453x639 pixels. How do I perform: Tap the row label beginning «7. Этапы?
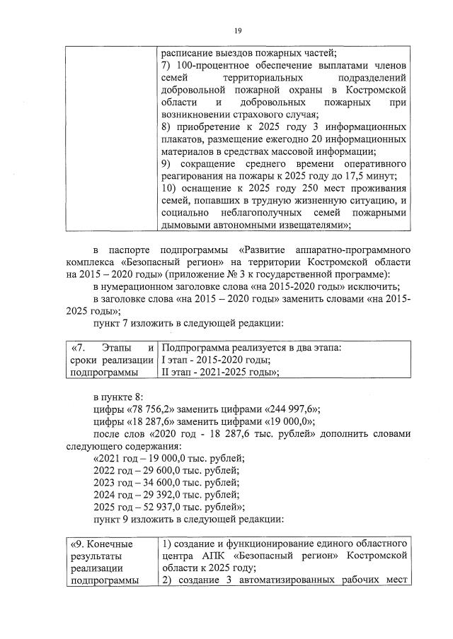click(x=113, y=360)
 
